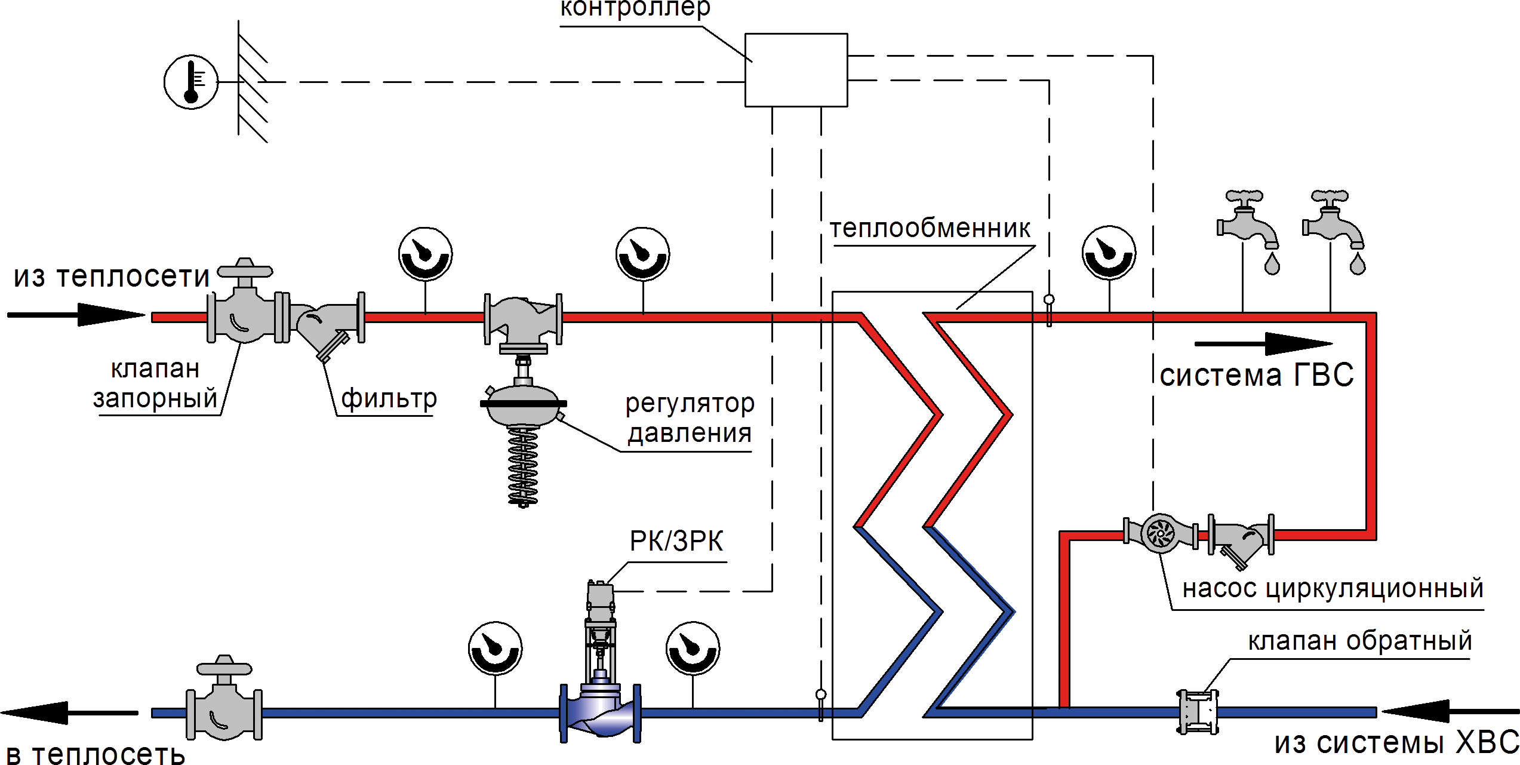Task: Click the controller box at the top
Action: point(796,70)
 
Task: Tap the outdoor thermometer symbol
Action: point(191,82)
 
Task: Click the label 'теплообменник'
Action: point(930,229)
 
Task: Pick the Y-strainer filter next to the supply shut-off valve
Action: point(325,325)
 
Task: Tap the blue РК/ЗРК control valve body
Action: point(600,714)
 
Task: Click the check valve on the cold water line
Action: point(1197,712)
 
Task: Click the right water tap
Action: point(1333,224)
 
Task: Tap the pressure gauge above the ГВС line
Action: point(1109,253)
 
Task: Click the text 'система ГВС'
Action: point(1256,376)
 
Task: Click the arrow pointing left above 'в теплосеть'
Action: point(69,712)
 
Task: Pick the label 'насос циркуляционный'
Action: point(1333,589)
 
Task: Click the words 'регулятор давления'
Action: point(690,418)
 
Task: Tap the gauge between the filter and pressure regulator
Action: point(425,254)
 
